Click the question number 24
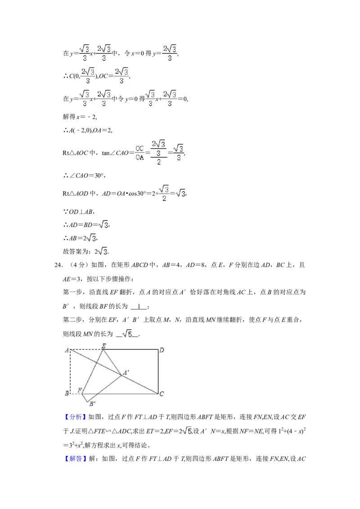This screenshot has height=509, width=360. coord(58,265)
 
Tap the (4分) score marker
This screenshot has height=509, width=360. coord(76,265)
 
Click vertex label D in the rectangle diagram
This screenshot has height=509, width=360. coord(162,350)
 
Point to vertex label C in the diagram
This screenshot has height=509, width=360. coord(162,394)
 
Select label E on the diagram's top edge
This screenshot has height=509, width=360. coord(103,346)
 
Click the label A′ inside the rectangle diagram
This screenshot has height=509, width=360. coord(126,372)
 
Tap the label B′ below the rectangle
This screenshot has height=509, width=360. coord(92,403)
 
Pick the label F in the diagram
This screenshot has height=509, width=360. coord(80,390)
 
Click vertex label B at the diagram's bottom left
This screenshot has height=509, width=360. coord(67,393)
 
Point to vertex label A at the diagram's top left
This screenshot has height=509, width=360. coord(67,350)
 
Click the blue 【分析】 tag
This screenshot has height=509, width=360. coord(76,417)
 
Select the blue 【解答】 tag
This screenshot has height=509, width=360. coord(76,458)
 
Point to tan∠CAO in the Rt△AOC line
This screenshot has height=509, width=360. coord(115,153)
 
